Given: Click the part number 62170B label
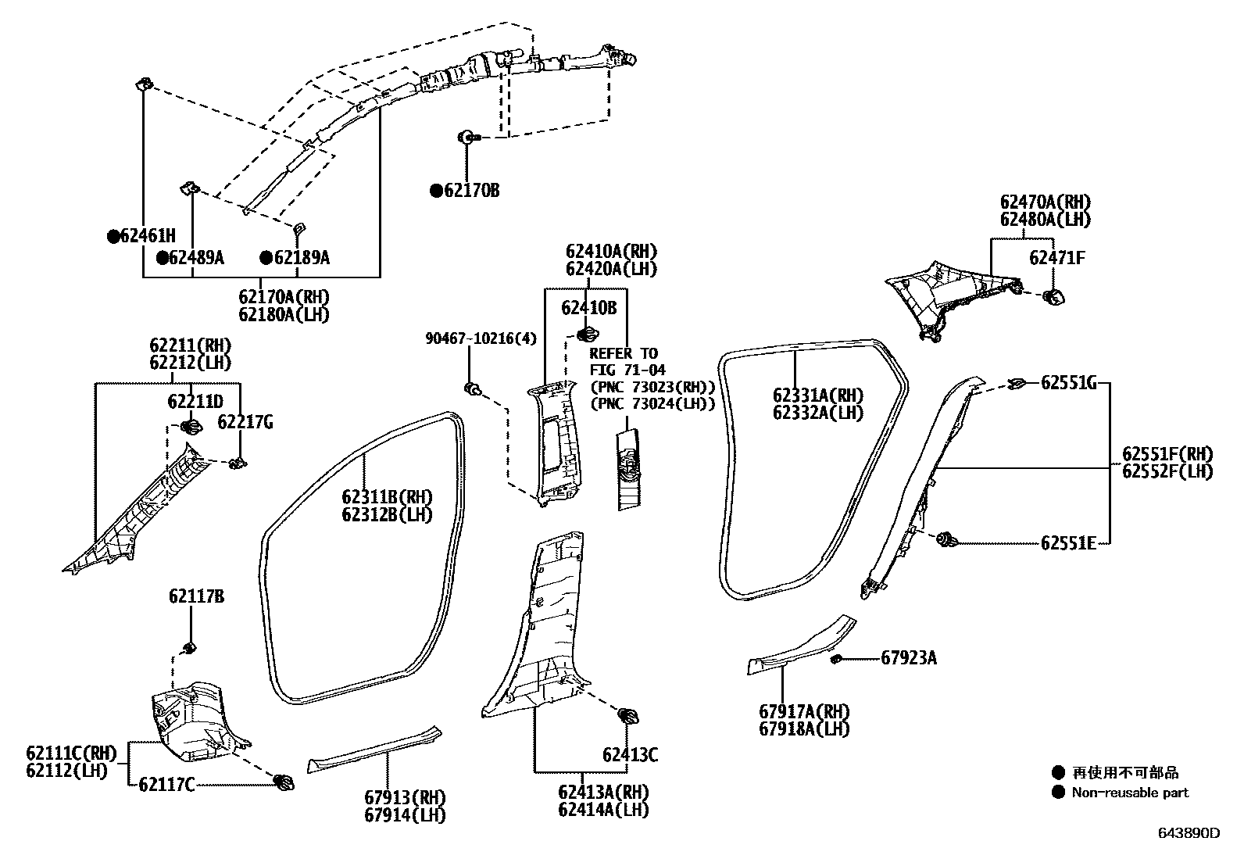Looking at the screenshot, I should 471,190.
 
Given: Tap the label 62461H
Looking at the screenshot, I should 148,235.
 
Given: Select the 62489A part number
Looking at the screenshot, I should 196,257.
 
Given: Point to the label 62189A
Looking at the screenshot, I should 301,257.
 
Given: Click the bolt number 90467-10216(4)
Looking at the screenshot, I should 481,338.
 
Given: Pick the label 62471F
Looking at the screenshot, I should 1056,258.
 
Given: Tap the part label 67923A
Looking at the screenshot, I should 909,658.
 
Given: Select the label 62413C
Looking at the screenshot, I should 630,755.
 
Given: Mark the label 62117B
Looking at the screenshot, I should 196,597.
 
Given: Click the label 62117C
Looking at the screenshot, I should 166,785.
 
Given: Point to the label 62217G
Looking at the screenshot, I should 245,422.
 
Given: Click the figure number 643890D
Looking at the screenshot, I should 1188,833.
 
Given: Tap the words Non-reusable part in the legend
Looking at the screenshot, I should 1129,793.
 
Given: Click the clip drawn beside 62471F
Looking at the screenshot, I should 1053,296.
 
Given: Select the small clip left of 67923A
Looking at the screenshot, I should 835,659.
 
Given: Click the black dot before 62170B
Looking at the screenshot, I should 435,191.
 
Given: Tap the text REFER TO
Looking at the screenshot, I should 624,353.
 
